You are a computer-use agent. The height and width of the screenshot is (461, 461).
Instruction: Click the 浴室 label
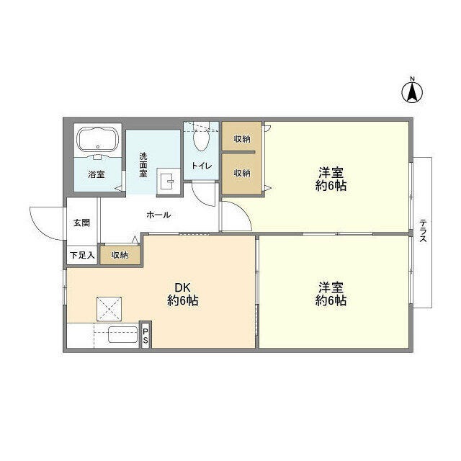click(96, 174)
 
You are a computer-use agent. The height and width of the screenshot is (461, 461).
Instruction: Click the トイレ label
click(201, 166)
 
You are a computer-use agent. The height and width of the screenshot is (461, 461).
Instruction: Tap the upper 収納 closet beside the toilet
click(241, 138)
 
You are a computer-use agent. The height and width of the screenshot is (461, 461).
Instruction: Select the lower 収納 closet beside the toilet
click(241, 173)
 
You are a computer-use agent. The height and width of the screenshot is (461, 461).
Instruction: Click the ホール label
click(158, 214)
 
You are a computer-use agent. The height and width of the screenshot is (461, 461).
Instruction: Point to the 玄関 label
click(81, 223)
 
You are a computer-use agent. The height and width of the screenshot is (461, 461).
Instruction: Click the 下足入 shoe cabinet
click(81, 255)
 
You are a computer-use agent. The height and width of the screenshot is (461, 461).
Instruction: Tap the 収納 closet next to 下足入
click(120, 255)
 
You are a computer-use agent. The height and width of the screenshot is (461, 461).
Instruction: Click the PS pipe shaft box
click(145, 336)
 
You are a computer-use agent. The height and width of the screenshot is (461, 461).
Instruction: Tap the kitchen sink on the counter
click(122, 336)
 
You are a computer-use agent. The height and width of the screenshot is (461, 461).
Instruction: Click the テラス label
click(423, 230)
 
